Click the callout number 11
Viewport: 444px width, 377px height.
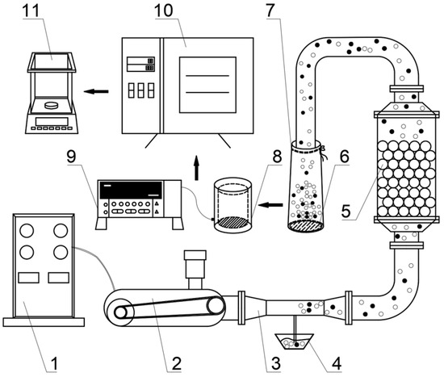click(x=32, y=10)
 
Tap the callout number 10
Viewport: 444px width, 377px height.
click(x=164, y=10)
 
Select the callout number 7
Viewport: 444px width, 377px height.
click(x=270, y=10)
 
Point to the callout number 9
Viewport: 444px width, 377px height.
click(x=71, y=157)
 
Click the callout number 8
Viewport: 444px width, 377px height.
click(x=277, y=157)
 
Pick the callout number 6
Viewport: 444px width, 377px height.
click(x=345, y=157)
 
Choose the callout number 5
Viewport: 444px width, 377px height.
click(x=346, y=211)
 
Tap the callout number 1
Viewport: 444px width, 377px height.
click(x=54, y=364)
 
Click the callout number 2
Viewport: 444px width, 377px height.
click(x=177, y=364)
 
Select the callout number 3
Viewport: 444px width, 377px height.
click(x=275, y=364)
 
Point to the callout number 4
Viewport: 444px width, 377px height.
click(x=337, y=364)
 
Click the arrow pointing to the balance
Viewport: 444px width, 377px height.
click(x=96, y=91)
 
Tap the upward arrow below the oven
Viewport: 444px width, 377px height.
click(x=196, y=168)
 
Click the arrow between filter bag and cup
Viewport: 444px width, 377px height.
click(x=270, y=204)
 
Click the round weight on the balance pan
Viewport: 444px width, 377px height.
click(x=51, y=105)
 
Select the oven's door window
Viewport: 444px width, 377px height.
click(x=207, y=85)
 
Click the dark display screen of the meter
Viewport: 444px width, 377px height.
click(x=131, y=190)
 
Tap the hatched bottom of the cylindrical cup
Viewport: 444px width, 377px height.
click(x=232, y=223)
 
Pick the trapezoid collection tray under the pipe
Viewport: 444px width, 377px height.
click(x=295, y=341)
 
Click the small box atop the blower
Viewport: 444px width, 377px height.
click(x=195, y=255)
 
